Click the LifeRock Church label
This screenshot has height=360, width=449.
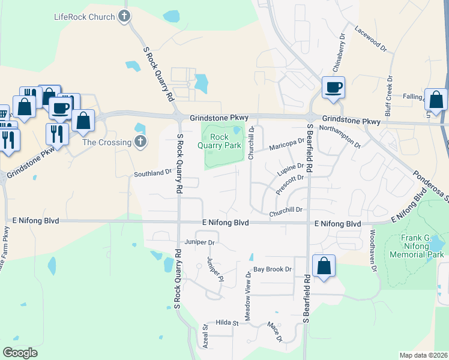83,17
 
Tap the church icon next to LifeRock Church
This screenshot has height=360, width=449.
124,16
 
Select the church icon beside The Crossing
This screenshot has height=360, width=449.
140,142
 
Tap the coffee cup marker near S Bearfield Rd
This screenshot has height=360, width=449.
333,87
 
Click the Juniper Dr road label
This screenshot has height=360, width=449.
200,242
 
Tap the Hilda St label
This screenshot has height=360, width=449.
228,323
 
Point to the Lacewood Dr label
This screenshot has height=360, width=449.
367,37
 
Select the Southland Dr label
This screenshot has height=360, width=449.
152,173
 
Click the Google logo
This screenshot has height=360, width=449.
20,353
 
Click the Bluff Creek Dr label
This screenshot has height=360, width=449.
389,95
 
